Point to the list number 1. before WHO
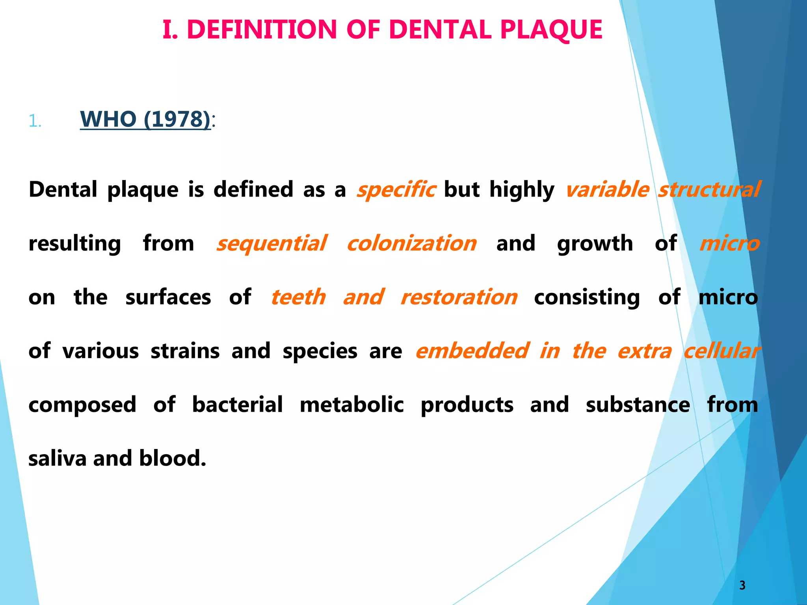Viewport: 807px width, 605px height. pos(35,121)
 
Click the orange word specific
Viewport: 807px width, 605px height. pos(396,189)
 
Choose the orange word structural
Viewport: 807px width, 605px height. pos(709,189)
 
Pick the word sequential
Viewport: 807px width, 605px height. pos(272,243)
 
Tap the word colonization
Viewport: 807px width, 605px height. pos(412,243)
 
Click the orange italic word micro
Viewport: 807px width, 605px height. pos(729,243)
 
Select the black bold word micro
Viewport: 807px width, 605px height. pos(728,297)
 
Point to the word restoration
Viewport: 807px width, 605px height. pos(459,297)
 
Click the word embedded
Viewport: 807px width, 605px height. pos(472,351)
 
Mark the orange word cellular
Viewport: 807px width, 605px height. pos(721,351)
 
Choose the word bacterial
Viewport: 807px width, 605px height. pos(237,405)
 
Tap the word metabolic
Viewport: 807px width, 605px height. pos(351,405)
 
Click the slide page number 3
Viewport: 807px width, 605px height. pos(742,585)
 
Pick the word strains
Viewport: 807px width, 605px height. pos(185,351)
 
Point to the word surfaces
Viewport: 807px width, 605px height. pos(168,297)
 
